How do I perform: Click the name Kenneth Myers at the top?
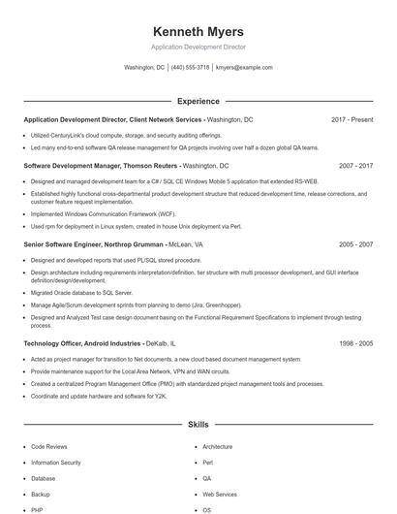coord(198,32)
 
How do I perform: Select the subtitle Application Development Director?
coord(198,48)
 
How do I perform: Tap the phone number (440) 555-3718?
coord(190,68)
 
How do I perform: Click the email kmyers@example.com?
coord(244,68)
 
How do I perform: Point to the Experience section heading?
coord(198,101)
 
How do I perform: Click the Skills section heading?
coord(198,425)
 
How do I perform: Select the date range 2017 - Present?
coord(351,119)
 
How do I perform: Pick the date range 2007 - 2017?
coord(355,166)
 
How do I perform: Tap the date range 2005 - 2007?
coord(355,245)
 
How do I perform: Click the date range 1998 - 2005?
coord(355,343)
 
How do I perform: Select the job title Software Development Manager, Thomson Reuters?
coord(102,166)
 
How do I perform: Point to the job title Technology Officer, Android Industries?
coord(82,343)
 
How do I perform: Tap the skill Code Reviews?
coord(49,447)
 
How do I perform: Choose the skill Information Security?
coord(56,463)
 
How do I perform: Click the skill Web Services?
coord(220,495)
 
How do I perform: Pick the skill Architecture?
coord(218,447)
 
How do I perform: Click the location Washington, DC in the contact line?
coord(144,68)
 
